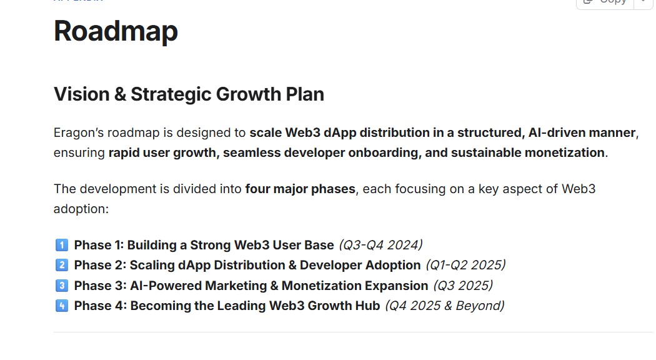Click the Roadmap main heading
[116, 31]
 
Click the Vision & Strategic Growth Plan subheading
[189, 94]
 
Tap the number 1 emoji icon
[61, 245]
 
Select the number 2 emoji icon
[61, 265]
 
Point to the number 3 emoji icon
[61, 286]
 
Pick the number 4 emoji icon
[61, 306]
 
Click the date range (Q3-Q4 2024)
[380, 245]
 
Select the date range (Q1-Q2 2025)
[465, 265]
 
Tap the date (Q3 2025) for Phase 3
[463, 286]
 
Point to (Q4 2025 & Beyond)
[444, 306]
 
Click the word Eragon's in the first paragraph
[78, 133]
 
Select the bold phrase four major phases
[300, 189]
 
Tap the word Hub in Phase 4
[367, 306]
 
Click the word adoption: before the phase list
[81, 209]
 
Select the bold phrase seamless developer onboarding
[321, 152]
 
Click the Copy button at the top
[605, 2]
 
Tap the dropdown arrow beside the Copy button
[643, 2]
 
